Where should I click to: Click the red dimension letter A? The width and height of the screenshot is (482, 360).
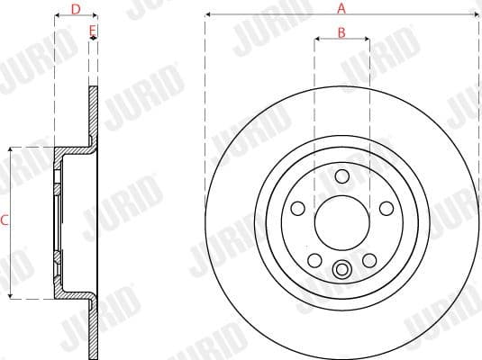[x=341, y=8]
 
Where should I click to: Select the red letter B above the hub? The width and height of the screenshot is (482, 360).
[x=341, y=32]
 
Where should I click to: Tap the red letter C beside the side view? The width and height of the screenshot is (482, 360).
[x=5, y=219]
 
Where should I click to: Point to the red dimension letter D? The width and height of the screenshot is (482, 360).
[x=76, y=9]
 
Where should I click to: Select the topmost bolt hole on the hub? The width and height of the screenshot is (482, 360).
[x=341, y=176]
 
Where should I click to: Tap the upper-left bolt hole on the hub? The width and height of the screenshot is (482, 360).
[x=298, y=207]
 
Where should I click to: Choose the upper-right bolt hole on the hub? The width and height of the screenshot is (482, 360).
[x=385, y=207]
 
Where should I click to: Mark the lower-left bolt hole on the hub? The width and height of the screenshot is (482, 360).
[x=314, y=260]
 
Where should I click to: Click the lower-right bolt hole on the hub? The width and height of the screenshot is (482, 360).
[x=368, y=260]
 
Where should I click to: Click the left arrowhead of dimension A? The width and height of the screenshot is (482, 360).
[x=208, y=15]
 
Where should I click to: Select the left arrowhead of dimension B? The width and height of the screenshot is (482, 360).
[x=317, y=40]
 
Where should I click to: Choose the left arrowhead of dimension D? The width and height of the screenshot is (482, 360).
[x=58, y=16]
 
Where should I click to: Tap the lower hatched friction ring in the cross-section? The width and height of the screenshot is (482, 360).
[x=94, y=329]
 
